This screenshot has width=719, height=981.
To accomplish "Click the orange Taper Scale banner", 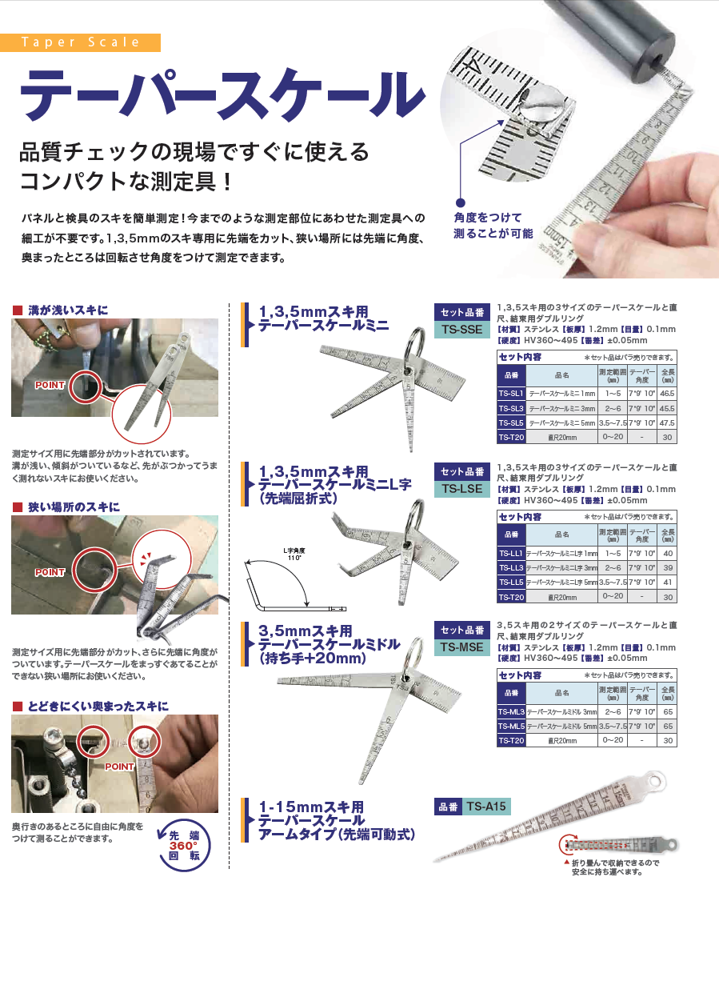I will point(80,42).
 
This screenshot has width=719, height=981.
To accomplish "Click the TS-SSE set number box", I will point(461,321).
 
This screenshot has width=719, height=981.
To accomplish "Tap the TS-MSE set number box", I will point(461,639).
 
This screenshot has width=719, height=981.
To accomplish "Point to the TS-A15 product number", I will point(486,807).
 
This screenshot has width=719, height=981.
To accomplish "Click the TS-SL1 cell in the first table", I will point(510,394).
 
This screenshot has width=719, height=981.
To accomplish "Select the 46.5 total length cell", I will point(667,394).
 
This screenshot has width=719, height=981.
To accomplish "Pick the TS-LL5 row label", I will point(510,582).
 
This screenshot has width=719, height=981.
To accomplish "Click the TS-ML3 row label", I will point(510,711).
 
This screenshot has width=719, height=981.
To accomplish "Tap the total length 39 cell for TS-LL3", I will point(667,567).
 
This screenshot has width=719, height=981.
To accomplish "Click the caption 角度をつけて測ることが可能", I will point(489,226).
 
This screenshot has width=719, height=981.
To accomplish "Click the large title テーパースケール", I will point(220,94).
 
